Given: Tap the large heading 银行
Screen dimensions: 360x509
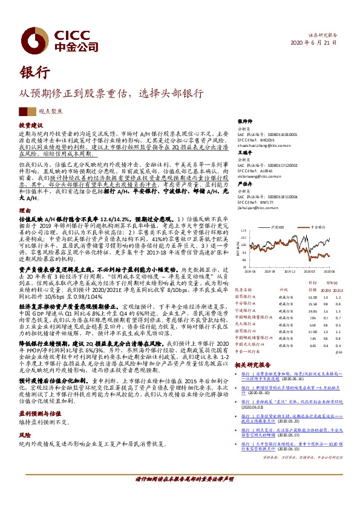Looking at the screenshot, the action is point(34,71).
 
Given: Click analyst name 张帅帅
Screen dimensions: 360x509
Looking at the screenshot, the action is point(243,121).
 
